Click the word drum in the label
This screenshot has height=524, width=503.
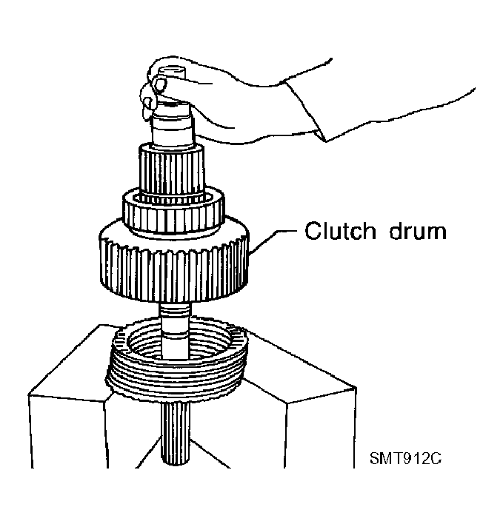pyautogui.click(x=418, y=231)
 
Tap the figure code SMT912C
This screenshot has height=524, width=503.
pyautogui.click(x=405, y=459)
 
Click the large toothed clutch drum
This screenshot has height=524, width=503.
pyautogui.click(x=174, y=264)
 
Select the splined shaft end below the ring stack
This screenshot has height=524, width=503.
pyautogui.click(x=176, y=434)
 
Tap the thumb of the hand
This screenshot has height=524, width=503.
pyautogui.click(x=159, y=84)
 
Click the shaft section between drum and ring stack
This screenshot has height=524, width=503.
pyautogui.click(x=176, y=329)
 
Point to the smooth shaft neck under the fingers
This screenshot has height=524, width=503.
pyautogui.click(x=173, y=129)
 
